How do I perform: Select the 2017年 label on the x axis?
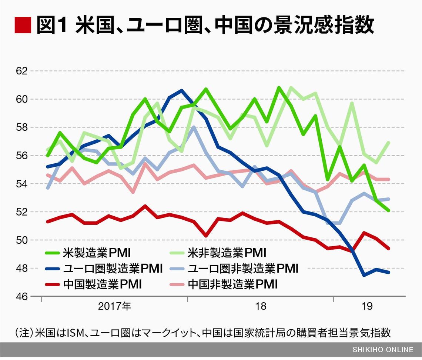pyautogui.click(x=114, y=307)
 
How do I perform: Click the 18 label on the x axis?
pyautogui.click(x=261, y=307)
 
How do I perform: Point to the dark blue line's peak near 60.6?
pyautogui.click(x=181, y=90)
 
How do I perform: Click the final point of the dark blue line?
pyautogui.click(x=388, y=272)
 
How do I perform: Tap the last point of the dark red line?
pyautogui.click(x=388, y=249)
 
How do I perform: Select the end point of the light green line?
pyautogui.click(x=388, y=143)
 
